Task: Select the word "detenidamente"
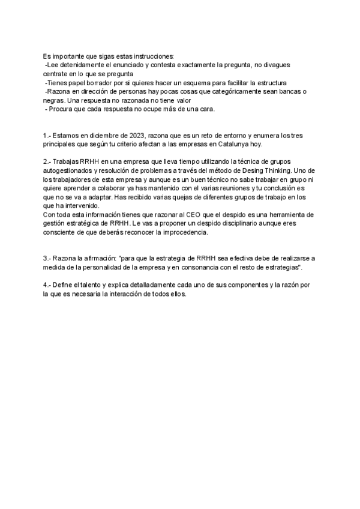[x=83, y=64]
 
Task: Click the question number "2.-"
[x=48, y=162]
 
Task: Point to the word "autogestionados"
[x=68, y=171]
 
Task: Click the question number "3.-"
[x=48, y=258]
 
